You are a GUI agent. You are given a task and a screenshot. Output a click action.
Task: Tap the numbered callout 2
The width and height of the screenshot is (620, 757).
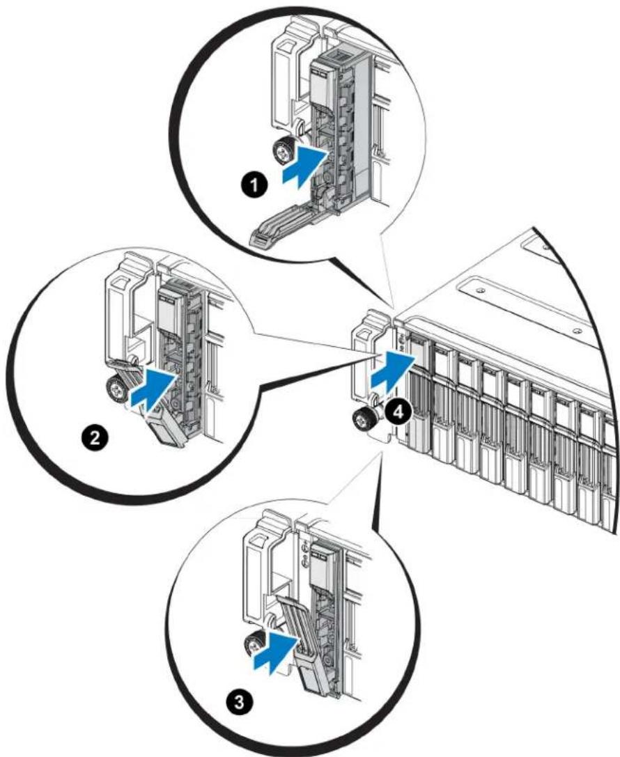95,438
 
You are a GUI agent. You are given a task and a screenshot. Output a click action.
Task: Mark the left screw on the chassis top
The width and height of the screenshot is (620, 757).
480,290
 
